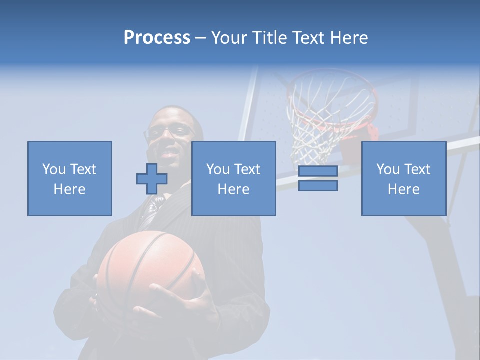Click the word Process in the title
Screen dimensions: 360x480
157,37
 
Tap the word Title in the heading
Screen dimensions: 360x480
270,38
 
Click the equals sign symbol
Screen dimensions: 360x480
318,178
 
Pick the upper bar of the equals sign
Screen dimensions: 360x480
318,171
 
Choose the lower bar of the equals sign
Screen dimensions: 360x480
318,186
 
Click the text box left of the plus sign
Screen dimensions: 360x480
69,178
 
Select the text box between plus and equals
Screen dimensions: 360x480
233,178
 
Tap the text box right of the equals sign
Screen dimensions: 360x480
403,178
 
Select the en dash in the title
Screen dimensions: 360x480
201,38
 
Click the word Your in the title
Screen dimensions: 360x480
228,38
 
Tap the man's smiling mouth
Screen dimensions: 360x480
170,151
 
